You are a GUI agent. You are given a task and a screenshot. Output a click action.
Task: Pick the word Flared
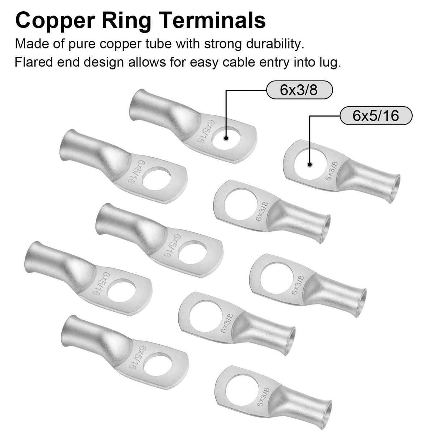(34, 62)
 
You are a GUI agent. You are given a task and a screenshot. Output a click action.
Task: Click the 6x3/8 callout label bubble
(299, 90)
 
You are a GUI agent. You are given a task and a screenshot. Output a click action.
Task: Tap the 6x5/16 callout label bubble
(376, 115)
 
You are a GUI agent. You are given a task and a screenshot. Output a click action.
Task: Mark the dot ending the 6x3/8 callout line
(226, 138)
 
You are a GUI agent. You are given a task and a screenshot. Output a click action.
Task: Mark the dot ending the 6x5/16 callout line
(310, 165)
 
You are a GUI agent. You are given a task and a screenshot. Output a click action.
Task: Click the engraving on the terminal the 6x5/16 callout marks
(332, 171)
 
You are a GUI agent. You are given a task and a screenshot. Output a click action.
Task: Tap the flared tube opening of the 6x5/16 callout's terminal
(396, 189)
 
